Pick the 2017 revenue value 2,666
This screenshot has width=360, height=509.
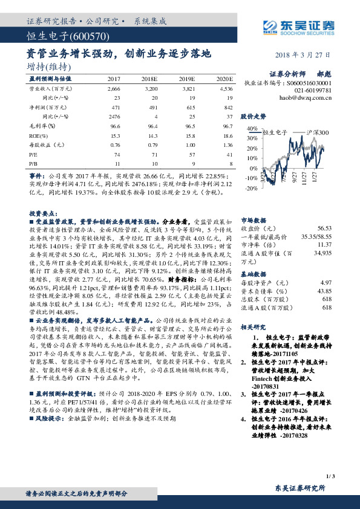[114, 88]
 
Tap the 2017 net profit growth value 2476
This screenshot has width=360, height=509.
[113, 116]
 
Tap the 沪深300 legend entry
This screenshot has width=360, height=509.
[316, 132]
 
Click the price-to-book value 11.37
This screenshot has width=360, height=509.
[324, 244]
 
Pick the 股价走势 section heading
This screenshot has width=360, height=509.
[254, 115]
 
